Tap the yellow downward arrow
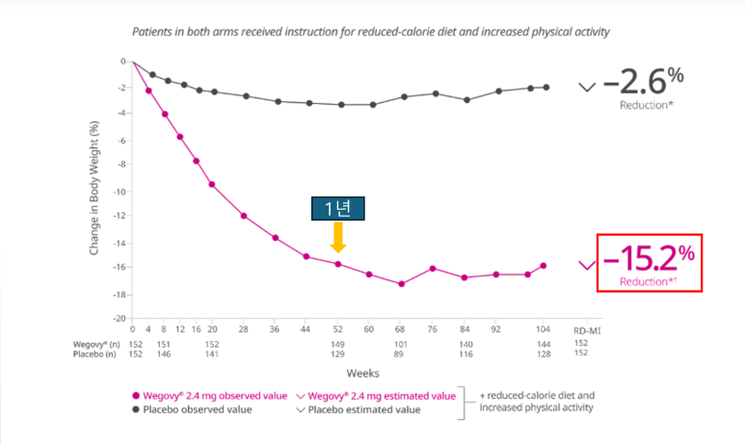(x=338, y=237)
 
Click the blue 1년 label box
(x=338, y=209)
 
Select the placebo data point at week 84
(x=466, y=99)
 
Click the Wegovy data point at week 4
(x=148, y=91)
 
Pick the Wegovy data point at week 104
(x=544, y=266)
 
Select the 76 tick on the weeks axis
(x=434, y=329)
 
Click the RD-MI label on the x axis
(x=581, y=329)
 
